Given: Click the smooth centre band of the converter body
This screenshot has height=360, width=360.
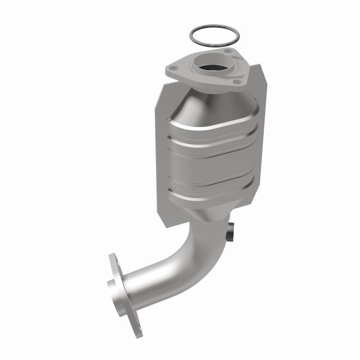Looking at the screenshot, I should click(x=211, y=157).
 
